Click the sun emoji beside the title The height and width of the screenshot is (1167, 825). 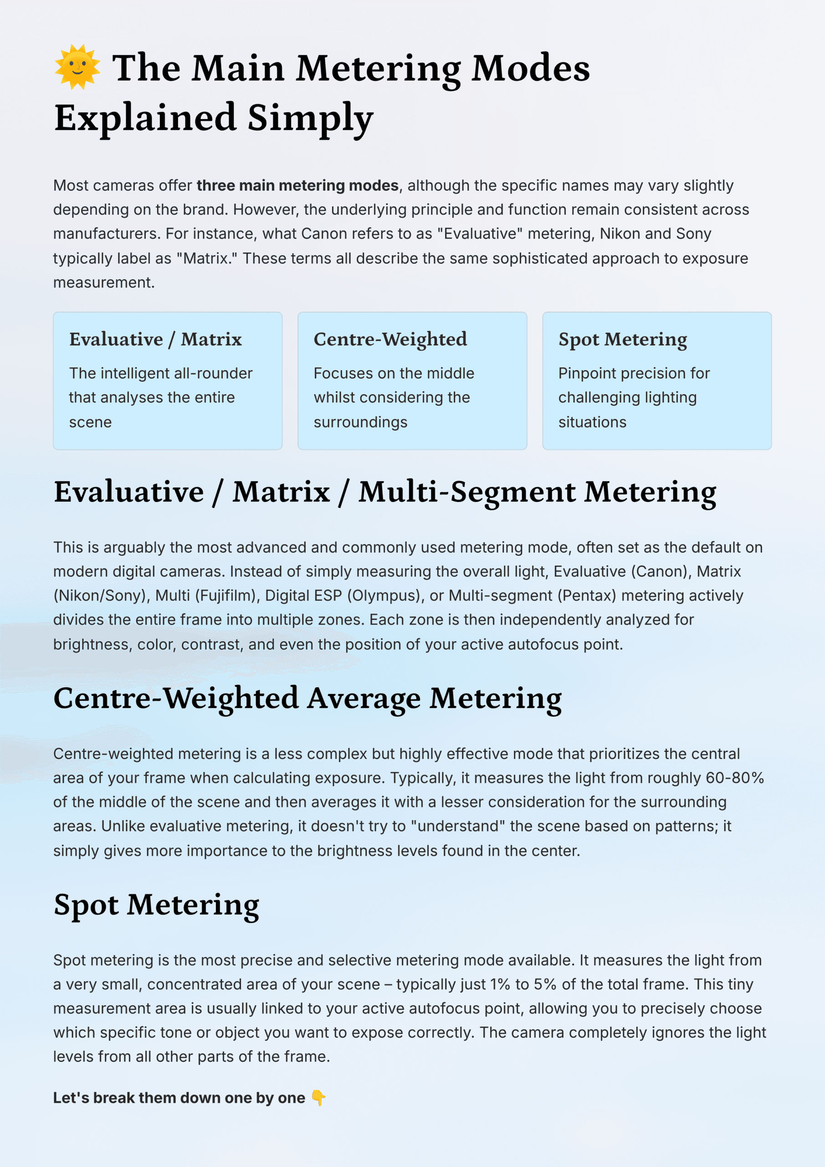click(x=77, y=67)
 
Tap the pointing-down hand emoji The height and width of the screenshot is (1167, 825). click(x=318, y=1098)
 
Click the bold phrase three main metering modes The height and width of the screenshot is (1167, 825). click(x=297, y=186)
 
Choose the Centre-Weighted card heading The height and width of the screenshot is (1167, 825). click(x=389, y=339)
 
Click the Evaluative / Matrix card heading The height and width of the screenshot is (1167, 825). click(x=155, y=339)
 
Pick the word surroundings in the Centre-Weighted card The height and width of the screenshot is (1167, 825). click(x=360, y=423)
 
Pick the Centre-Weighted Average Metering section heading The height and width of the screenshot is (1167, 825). click(x=307, y=698)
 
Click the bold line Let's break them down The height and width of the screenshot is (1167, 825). click(x=179, y=1098)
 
